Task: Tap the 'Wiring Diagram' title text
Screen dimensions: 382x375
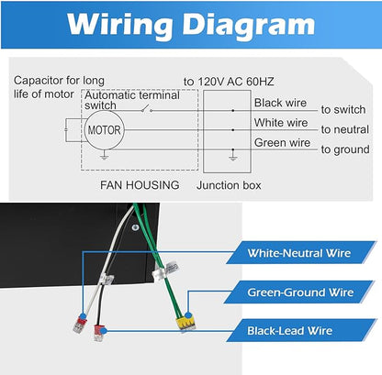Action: coord(191,25)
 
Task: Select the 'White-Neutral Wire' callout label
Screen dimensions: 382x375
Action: coord(299,253)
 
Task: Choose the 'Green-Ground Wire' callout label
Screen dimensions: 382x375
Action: coord(300,292)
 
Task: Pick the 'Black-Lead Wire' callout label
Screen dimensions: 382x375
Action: coord(289,331)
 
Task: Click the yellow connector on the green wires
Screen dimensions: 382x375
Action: coord(185,324)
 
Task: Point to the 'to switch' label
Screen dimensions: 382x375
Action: coord(343,109)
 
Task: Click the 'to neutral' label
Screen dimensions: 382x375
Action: coord(344,129)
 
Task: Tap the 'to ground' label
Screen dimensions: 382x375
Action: coord(345,149)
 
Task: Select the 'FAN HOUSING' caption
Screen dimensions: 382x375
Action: coord(140,185)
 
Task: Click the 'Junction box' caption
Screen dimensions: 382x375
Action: coord(229,185)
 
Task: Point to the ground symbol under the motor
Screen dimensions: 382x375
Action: coord(105,156)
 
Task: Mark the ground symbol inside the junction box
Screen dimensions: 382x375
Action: coord(233,155)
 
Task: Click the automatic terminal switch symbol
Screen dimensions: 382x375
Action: coord(147,108)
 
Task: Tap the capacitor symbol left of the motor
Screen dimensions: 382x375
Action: coord(66,130)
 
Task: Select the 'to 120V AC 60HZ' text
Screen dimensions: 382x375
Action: coord(229,82)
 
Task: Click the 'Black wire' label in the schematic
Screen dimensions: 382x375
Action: coord(280,103)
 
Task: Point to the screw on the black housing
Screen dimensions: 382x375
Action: coord(135,227)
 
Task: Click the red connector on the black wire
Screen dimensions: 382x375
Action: coord(100,333)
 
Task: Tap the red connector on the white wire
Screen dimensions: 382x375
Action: coord(80,325)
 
